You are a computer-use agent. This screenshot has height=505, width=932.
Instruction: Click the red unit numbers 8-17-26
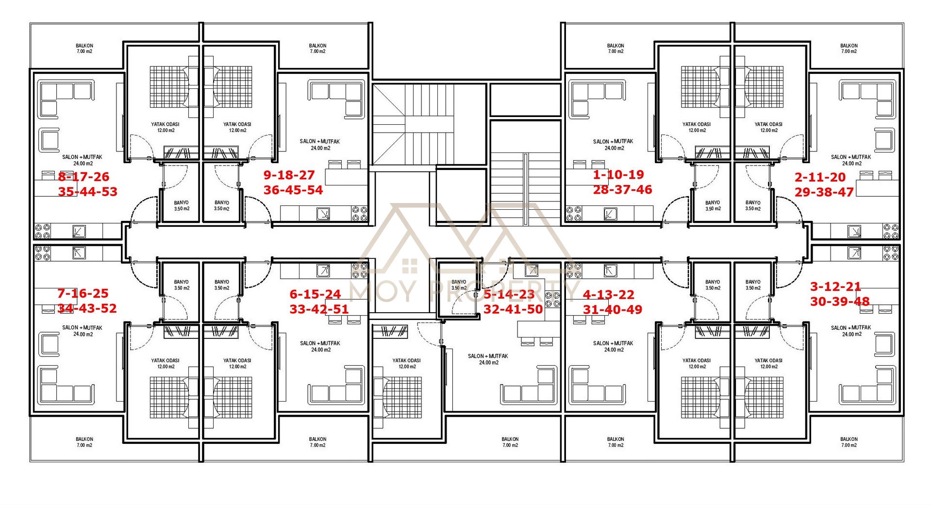click(83, 177)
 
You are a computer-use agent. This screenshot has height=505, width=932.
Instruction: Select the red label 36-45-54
click(293, 190)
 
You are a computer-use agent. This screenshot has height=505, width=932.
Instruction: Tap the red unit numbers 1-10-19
click(618, 175)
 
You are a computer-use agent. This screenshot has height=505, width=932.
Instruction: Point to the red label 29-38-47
click(824, 192)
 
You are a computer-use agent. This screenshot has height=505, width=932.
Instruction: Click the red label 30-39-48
click(840, 302)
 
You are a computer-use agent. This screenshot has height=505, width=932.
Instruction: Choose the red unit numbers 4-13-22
click(608, 295)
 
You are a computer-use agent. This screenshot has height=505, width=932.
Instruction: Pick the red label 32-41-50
click(513, 309)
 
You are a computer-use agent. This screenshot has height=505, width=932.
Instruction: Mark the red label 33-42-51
click(319, 309)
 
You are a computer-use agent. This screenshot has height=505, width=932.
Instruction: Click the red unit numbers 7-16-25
click(83, 293)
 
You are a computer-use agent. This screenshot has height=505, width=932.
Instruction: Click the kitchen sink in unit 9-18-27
click(323, 214)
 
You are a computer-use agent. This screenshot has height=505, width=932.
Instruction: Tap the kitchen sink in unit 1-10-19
click(610, 214)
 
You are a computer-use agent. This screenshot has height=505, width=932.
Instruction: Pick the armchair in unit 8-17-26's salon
click(49, 140)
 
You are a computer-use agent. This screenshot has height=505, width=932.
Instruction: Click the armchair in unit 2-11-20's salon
click(884, 140)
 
